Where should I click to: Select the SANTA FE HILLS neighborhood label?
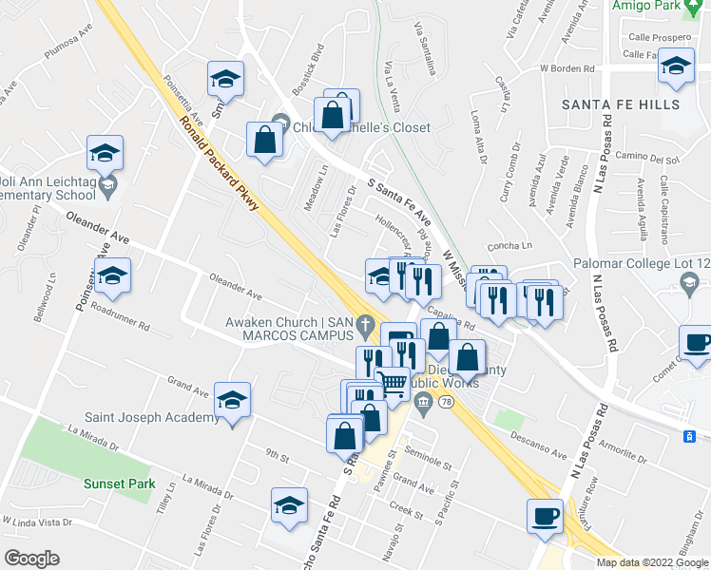click(621, 104)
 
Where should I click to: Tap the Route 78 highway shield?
click(446, 403)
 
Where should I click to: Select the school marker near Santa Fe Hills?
click(676, 68)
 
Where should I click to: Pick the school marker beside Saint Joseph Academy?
click(233, 401)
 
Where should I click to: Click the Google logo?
click(30, 559)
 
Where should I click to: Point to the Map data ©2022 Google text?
click(652, 562)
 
